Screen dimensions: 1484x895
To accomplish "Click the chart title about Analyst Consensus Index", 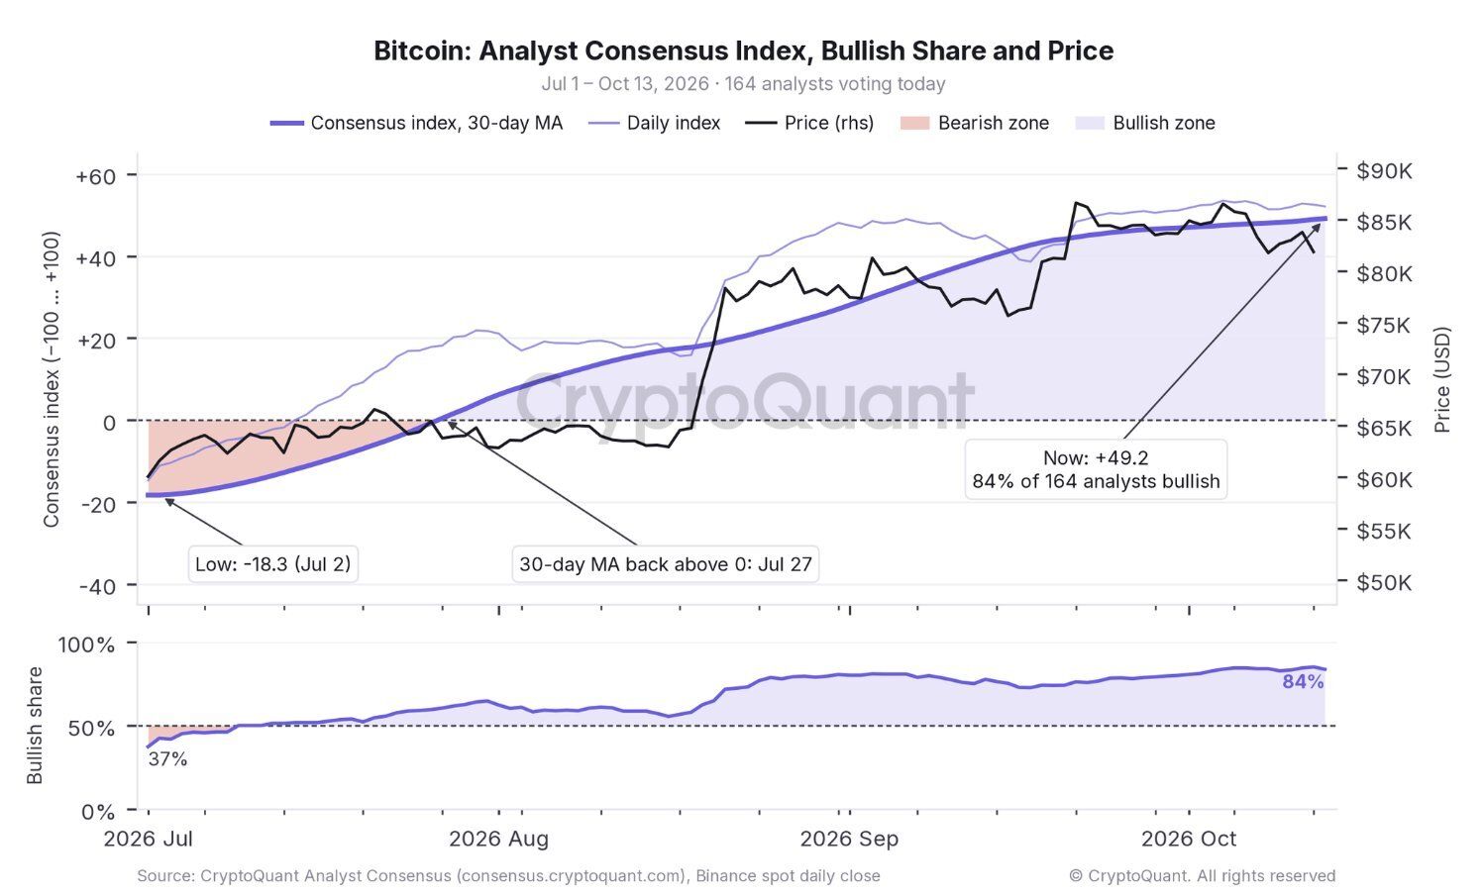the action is [x=743, y=50].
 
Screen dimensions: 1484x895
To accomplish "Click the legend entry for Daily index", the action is [x=654, y=123].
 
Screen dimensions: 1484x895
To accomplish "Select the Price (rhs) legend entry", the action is [x=809, y=123].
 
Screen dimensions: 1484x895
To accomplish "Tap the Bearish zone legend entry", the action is [x=975, y=123].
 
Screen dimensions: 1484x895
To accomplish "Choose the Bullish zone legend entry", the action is [x=1145, y=123].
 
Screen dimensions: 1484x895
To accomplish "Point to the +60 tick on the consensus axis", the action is [x=96, y=177].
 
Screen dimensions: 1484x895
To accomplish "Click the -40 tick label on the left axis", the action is [x=98, y=586].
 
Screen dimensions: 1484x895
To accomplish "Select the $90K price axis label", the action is [x=1384, y=171].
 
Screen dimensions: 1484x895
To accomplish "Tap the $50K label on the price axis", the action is [x=1384, y=582].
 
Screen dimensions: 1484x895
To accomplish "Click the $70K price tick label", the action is [x=1384, y=376].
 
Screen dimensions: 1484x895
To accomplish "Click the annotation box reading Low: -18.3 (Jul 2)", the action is [x=273, y=564].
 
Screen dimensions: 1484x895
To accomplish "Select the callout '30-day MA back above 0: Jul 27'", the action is [x=665, y=564].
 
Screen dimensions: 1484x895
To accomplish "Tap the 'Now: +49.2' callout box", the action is [x=1096, y=469].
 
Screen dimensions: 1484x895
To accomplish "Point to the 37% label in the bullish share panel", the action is [x=167, y=759].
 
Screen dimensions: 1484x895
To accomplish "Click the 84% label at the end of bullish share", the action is [x=1303, y=682].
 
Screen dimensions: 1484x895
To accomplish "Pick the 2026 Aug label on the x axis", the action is [x=499, y=840].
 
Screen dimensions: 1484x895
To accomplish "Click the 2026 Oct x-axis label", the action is [x=1189, y=840].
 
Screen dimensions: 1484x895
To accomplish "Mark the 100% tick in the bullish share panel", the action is [x=86, y=645].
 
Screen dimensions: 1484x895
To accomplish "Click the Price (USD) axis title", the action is [x=1441, y=379].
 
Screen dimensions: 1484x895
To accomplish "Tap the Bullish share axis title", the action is [x=34, y=726].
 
